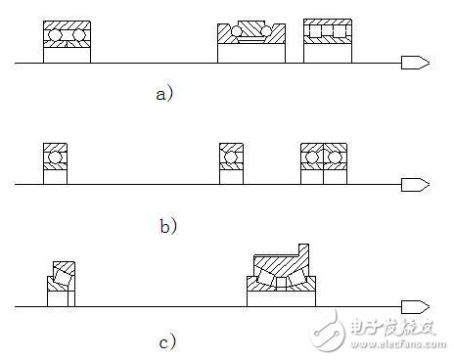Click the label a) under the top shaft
pos(164,94)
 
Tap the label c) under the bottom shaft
pos(167,341)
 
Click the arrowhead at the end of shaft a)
pos(414,64)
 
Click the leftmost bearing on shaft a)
pos(68,41)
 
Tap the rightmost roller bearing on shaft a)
pos(329,41)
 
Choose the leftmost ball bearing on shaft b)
pos(55,161)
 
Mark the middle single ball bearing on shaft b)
pos(232,161)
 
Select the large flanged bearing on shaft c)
pos(281,279)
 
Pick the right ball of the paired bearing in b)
pos(336,157)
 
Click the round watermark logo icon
pos(327,328)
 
